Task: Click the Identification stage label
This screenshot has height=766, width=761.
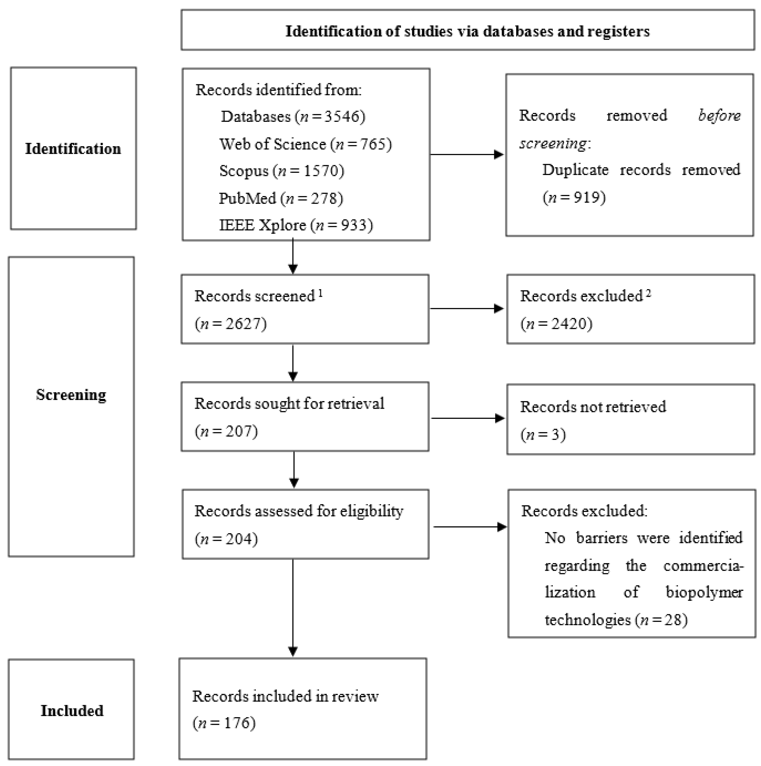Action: point(73,149)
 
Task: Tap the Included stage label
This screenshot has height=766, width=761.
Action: point(72,711)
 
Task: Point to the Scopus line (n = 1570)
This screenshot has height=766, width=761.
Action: point(281,170)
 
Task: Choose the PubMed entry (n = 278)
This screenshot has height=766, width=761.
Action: point(281,198)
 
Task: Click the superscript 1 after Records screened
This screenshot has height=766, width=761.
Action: point(320,294)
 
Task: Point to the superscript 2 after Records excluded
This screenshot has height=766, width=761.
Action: point(648,294)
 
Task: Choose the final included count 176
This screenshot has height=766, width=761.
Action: point(237,723)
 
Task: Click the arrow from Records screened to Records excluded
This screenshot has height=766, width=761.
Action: point(466,308)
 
